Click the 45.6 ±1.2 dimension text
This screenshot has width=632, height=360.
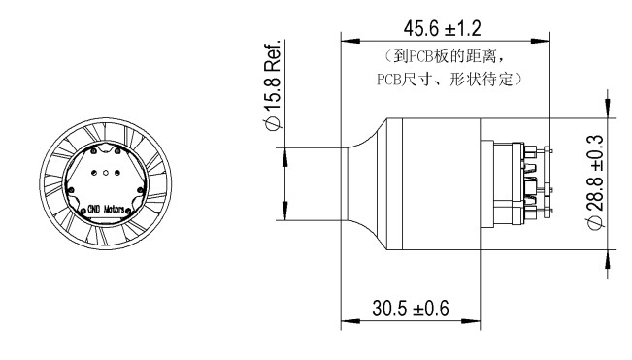click(x=442, y=28)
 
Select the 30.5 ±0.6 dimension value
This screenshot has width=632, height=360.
click(x=411, y=309)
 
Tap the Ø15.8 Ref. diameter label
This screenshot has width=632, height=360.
click(x=272, y=85)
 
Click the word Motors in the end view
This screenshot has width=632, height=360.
click(x=114, y=210)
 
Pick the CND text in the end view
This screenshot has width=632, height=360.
click(x=93, y=210)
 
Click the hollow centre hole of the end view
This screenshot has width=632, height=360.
click(x=106, y=173)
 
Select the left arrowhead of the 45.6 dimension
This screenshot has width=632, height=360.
click(x=350, y=41)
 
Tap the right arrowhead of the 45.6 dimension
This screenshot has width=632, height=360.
click(x=541, y=41)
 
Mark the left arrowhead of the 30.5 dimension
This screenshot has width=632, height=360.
click(x=350, y=321)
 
